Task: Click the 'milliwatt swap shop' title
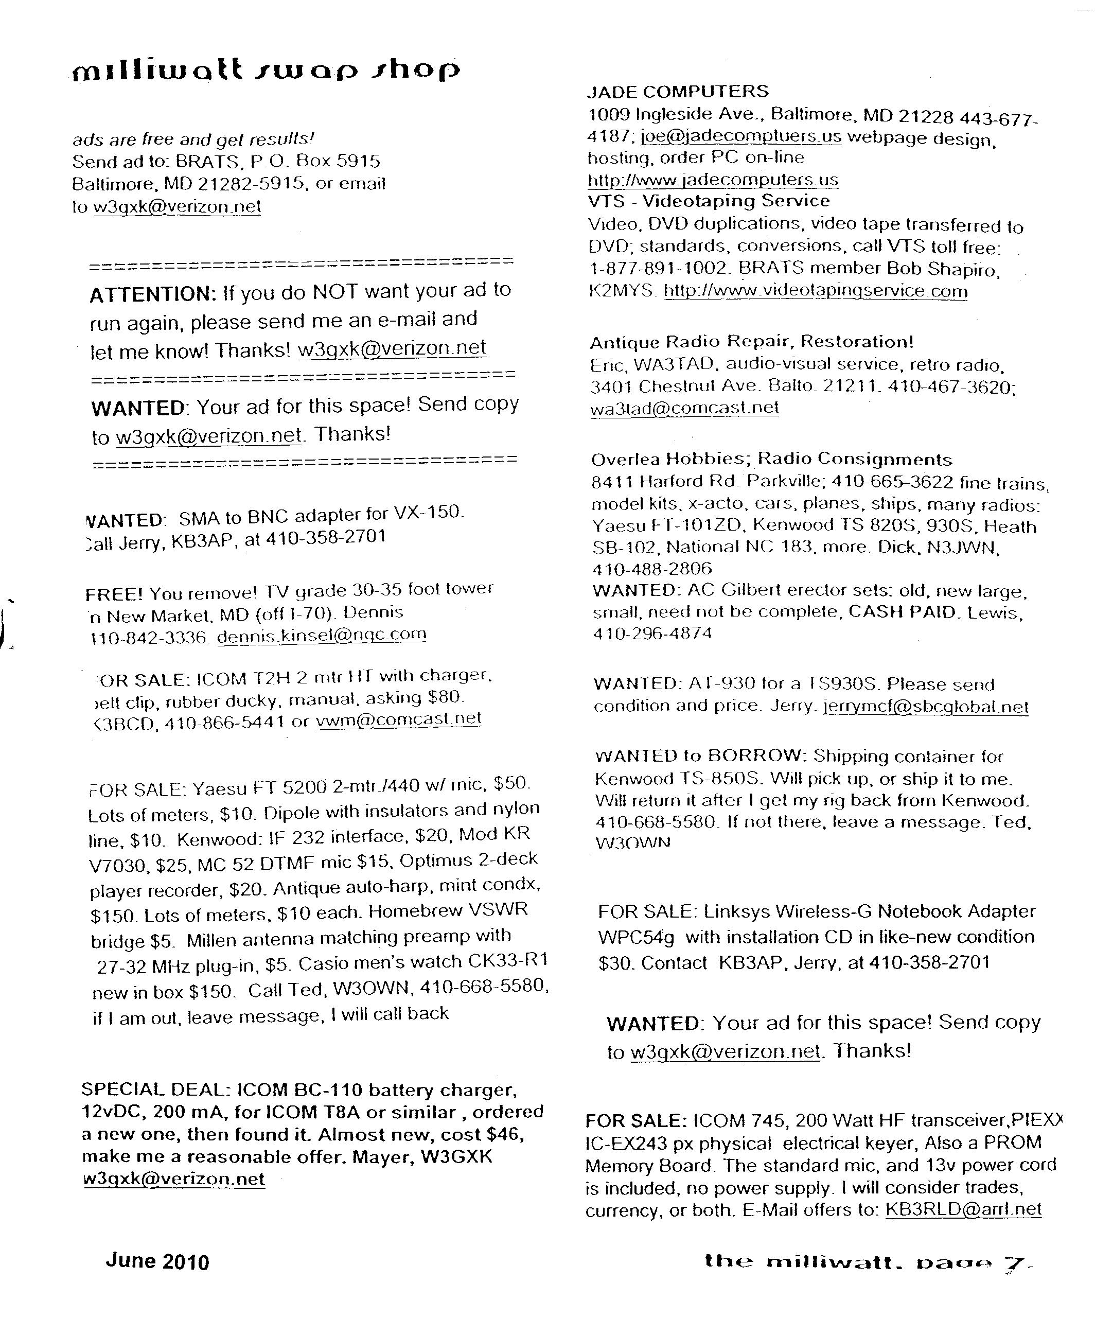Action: (x=266, y=70)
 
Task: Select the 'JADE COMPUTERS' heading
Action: (x=678, y=92)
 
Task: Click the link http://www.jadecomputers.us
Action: (x=713, y=180)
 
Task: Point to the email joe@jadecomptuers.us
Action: (x=740, y=136)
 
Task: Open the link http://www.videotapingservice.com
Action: (x=815, y=291)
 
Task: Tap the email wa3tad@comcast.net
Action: (x=684, y=408)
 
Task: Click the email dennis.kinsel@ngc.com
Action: (x=322, y=635)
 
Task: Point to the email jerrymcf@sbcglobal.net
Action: (x=926, y=707)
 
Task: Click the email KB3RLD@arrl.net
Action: (x=963, y=1209)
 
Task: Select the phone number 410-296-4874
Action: (x=652, y=634)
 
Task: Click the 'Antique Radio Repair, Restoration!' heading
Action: (x=751, y=342)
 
